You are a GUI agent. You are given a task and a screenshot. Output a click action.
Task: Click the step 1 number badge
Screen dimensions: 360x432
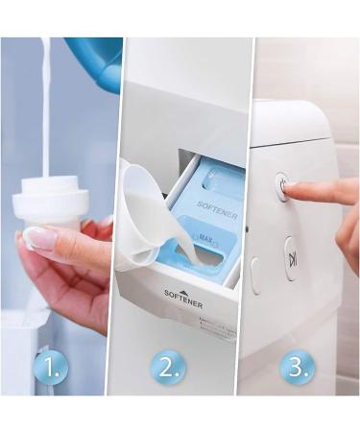[x=51, y=367]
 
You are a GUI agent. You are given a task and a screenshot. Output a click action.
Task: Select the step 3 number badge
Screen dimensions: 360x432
[x=297, y=367]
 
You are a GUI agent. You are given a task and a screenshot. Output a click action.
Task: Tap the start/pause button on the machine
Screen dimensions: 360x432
[x=291, y=258]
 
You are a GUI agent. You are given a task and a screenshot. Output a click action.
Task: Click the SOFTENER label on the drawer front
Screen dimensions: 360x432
[x=183, y=298]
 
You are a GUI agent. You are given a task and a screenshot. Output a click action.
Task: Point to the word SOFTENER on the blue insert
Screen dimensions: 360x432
[x=217, y=210]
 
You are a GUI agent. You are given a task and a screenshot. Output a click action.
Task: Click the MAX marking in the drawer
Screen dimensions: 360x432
[x=206, y=238]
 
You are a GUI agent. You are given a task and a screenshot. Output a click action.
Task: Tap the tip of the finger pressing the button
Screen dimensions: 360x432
[x=286, y=192]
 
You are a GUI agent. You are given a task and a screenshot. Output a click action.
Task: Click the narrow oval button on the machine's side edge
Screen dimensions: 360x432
[x=255, y=276]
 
